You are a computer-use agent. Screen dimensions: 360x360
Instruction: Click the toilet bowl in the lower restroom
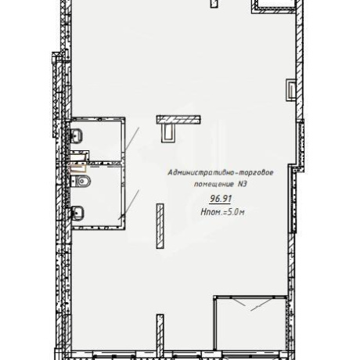[x=81, y=181]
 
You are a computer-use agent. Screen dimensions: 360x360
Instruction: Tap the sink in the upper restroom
[x=76, y=136]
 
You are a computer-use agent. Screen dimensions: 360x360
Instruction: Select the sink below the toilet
[x=77, y=213]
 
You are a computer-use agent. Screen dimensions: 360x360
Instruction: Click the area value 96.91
[x=221, y=199]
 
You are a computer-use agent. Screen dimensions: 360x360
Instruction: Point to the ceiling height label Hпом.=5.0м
[x=222, y=212]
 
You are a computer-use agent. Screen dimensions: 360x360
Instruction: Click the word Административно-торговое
[x=221, y=173]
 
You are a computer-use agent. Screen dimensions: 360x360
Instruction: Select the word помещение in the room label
[x=214, y=184]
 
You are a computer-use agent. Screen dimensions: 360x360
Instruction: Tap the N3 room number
[x=242, y=184]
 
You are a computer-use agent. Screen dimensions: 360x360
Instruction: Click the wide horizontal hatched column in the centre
[x=178, y=120]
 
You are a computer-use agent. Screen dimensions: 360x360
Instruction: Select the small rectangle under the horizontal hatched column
[x=169, y=133]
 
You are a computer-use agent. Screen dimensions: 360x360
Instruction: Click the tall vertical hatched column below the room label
[x=160, y=226]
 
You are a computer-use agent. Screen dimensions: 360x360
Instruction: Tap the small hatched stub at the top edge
[x=214, y=4]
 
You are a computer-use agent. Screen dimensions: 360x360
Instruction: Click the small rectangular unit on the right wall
[x=291, y=90]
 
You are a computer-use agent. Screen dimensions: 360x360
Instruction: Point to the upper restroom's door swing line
[x=131, y=139]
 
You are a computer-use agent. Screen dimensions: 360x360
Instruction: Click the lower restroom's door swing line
[x=129, y=204]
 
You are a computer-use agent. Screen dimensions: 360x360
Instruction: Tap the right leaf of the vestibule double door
[x=261, y=304]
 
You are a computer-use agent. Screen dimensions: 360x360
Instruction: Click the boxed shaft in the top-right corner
[x=274, y=5]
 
